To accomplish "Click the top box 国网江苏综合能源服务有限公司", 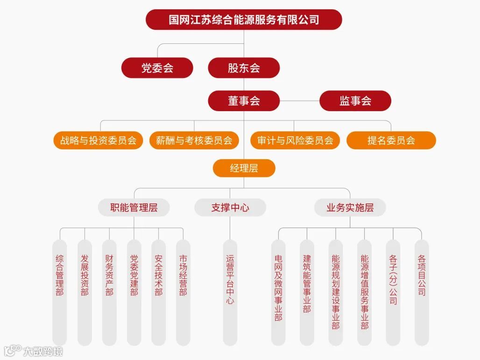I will [244, 20].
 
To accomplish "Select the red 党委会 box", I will [157, 68].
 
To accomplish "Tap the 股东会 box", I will [244, 68].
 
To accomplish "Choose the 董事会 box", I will [244, 101].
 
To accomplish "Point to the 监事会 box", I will [355, 101].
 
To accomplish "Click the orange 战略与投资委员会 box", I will [98, 141].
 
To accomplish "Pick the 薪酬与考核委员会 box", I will [194, 141].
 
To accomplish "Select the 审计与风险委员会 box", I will [295, 141].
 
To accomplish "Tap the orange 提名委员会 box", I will [391, 141].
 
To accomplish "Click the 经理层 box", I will [244, 168].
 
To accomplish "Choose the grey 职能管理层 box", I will [134, 208].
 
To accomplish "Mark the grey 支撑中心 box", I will [230, 208].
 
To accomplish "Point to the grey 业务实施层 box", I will [350, 208].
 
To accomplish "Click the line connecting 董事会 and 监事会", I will [299, 101].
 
